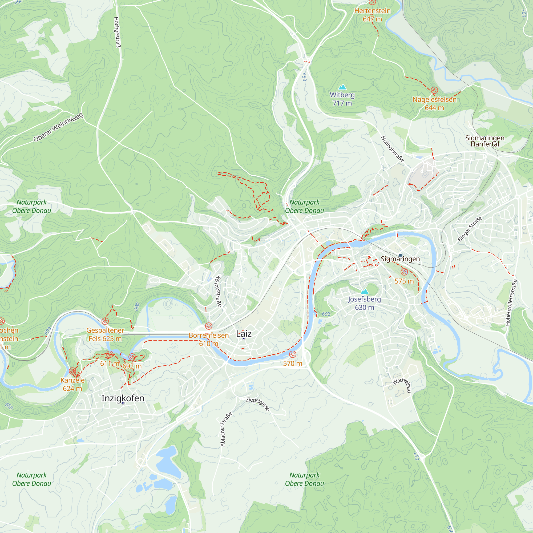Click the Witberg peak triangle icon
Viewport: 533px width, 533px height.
342,87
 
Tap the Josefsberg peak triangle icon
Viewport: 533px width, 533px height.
365,291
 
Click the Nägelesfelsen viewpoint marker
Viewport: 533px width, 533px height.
434,90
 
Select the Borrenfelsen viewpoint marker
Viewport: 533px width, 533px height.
209,326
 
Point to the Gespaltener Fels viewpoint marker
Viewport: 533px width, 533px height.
105,321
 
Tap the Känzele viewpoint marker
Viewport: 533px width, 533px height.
72,371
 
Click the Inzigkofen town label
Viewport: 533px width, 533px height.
123,398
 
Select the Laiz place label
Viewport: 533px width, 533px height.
244,334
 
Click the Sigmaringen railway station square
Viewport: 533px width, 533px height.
400,255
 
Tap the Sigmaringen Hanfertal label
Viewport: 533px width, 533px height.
485,141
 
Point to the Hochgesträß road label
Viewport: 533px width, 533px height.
117,32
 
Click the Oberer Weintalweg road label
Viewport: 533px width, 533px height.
58,127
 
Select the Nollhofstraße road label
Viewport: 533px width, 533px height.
392,149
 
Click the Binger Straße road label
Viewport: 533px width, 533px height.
470,229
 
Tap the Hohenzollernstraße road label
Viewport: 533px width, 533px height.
511,303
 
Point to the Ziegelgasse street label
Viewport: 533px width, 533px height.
258,404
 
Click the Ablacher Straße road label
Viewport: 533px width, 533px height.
226,429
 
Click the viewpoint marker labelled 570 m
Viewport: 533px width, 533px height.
292,354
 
